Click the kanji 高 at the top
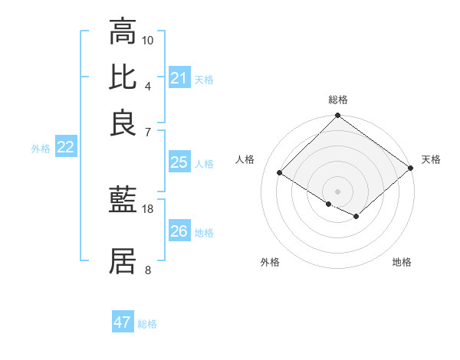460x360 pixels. [x=123, y=32]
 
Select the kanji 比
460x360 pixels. [x=123, y=77]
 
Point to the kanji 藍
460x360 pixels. [x=123, y=201]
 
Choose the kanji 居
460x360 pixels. [x=123, y=261]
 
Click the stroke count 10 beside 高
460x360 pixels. [x=148, y=40]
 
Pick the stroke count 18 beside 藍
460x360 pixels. [x=148, y=208]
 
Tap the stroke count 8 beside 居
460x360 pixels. [x=148, y=270]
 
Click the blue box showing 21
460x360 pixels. [x=179, y=78]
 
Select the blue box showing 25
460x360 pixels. [x=179, y=162]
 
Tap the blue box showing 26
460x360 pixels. [x=179, y=231]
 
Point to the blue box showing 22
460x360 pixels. [x=65, y=148]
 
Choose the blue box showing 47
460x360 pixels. [x=123, y=322]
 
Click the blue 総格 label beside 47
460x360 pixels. [x=147, y=324]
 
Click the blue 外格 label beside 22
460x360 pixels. [x=41, y=149]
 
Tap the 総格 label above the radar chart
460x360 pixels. [x=337, y=100]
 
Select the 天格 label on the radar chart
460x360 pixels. [x=431, y=159]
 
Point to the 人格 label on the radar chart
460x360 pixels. [x=245, y=159]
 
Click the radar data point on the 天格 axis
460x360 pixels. [x=412, y=169]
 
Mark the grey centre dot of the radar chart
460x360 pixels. [x=337, y=191]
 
